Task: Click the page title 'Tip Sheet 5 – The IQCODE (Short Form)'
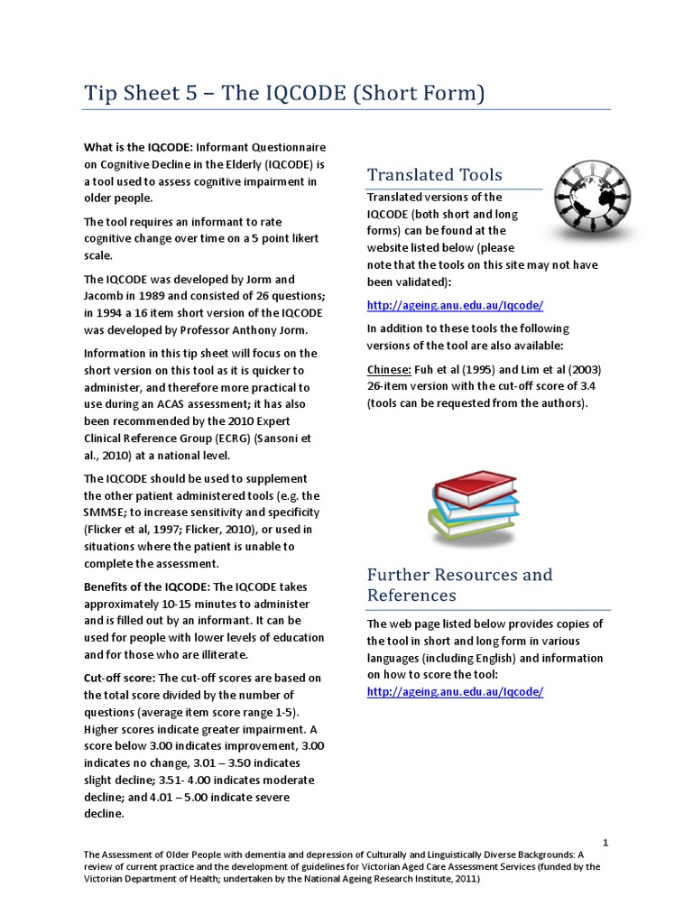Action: click(x=285, y=93)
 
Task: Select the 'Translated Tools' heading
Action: click(x=434, y=174)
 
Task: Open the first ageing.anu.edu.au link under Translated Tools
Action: click(x=455, y=305)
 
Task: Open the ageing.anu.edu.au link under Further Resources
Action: click(x=455, y=692)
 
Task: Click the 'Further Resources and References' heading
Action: click(x=459, y=585)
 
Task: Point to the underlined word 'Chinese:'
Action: click(x=389, y=369)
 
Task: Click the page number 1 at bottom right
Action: click(x=606, y=843)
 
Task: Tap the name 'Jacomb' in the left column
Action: click(x=106, y=296)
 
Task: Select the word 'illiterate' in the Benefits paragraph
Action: click(x=218, y=654)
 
